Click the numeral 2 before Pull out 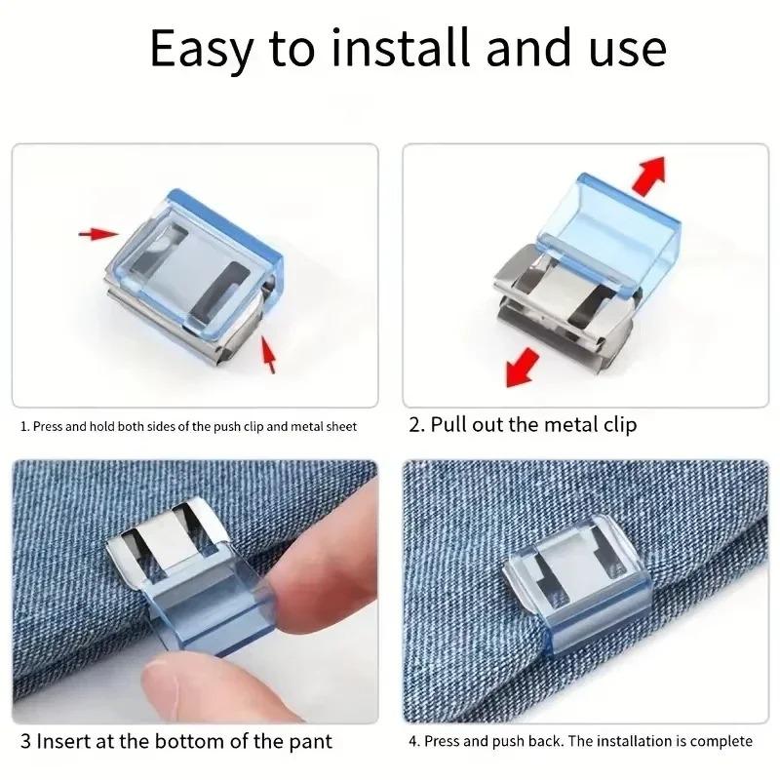pos(414,425)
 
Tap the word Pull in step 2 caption pos(449,425)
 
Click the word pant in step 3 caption pos(312,741)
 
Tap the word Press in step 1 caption pos(50,426)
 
